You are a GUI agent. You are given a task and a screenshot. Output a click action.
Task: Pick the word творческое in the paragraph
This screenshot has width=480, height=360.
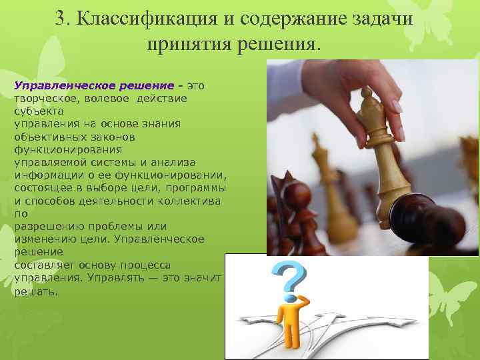41,98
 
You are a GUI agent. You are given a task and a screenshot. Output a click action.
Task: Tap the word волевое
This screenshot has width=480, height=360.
104,98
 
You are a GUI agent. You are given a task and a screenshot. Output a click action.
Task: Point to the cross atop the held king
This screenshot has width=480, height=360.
365,96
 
